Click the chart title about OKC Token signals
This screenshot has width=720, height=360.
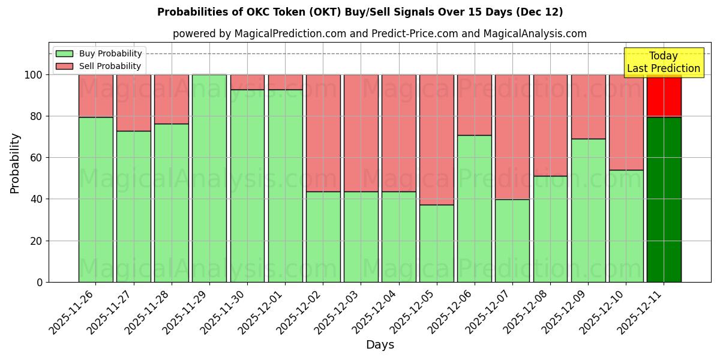click(360, 12)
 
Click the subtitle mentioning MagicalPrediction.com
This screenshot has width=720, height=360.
click(379, 34)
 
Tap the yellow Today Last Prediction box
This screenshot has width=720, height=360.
click(663, 62)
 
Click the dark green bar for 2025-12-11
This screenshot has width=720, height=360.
click(664, 199)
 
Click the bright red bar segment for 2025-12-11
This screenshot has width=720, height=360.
click(664, 95)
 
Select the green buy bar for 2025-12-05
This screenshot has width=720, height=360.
click(436, 243)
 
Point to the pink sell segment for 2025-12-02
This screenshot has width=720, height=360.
click(323, 133)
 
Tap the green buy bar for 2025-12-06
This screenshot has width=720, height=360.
click(474, 208)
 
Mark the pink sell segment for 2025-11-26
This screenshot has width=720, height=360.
click(96, 95)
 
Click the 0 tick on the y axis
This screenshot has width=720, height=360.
click(40, 282)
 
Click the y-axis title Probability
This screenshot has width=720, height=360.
click(15, 163)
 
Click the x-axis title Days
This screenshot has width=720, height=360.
click(379, 345)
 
